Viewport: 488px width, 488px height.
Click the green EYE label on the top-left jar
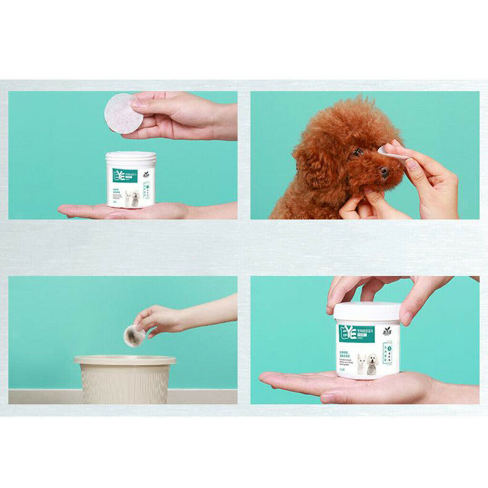(124, 176)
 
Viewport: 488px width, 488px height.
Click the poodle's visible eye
(358, 152)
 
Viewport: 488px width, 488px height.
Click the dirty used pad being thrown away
(133, 335)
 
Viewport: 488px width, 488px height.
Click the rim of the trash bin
(124, 360)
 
